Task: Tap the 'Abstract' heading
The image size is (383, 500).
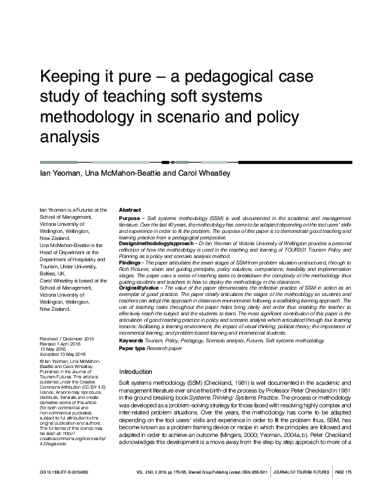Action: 131,210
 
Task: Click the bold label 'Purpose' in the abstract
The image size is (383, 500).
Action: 129,219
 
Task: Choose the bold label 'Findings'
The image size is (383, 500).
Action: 130,263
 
